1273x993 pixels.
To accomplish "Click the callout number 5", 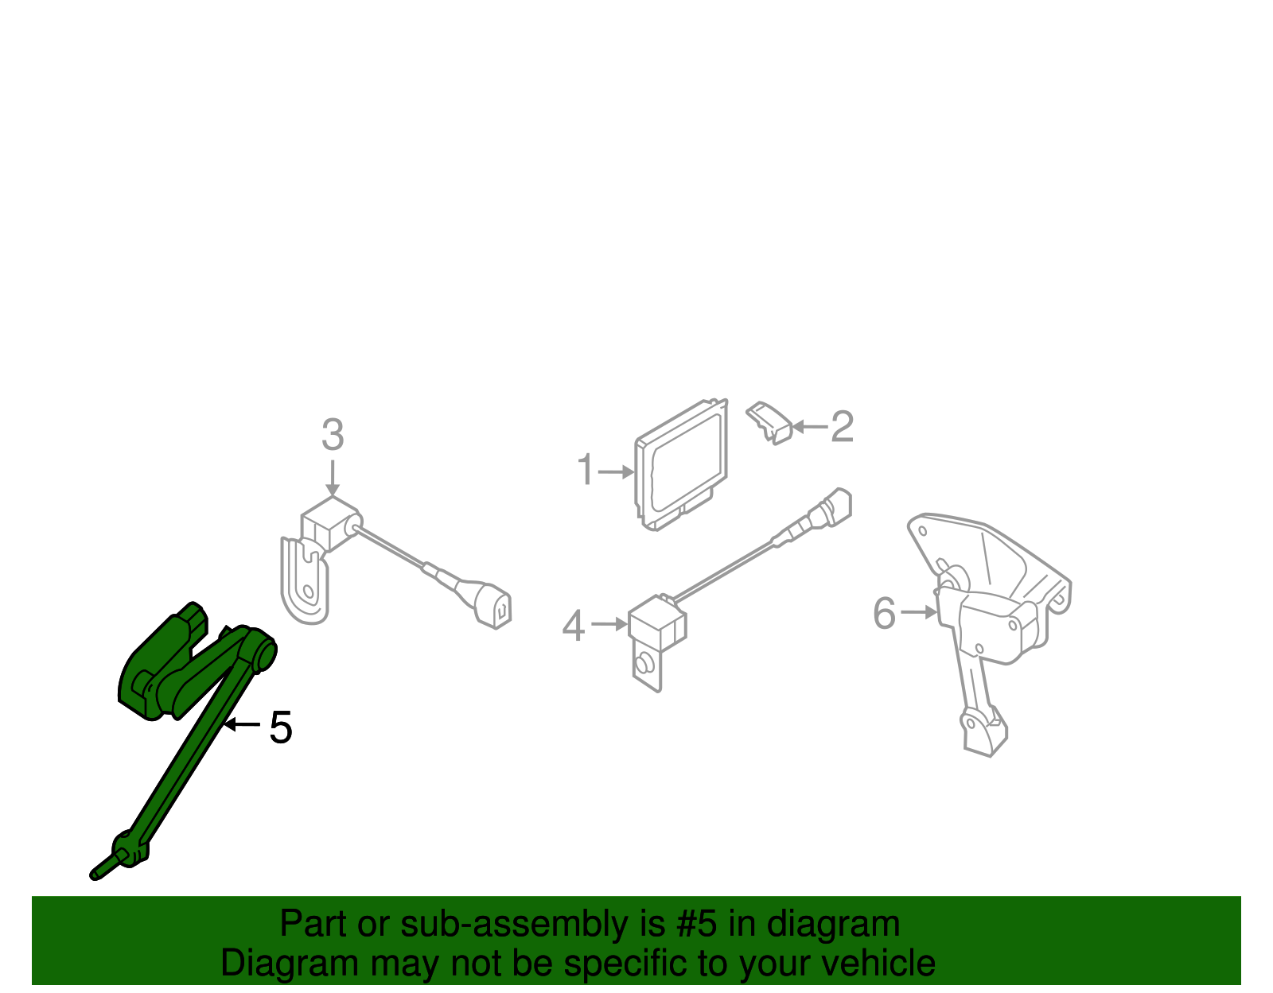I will point(281,727).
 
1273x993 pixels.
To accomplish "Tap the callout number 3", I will point(333,435).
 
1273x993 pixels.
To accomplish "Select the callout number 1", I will point(586,470).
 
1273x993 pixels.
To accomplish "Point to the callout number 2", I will point(842,427).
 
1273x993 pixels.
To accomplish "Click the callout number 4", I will point(573,626).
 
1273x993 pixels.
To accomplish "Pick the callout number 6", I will point(884,613).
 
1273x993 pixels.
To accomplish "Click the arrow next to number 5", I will point(242,724).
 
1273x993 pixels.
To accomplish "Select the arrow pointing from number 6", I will point(919,612).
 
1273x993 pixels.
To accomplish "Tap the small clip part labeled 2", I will point(770,421).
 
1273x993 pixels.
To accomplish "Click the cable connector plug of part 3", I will point(493,606).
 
